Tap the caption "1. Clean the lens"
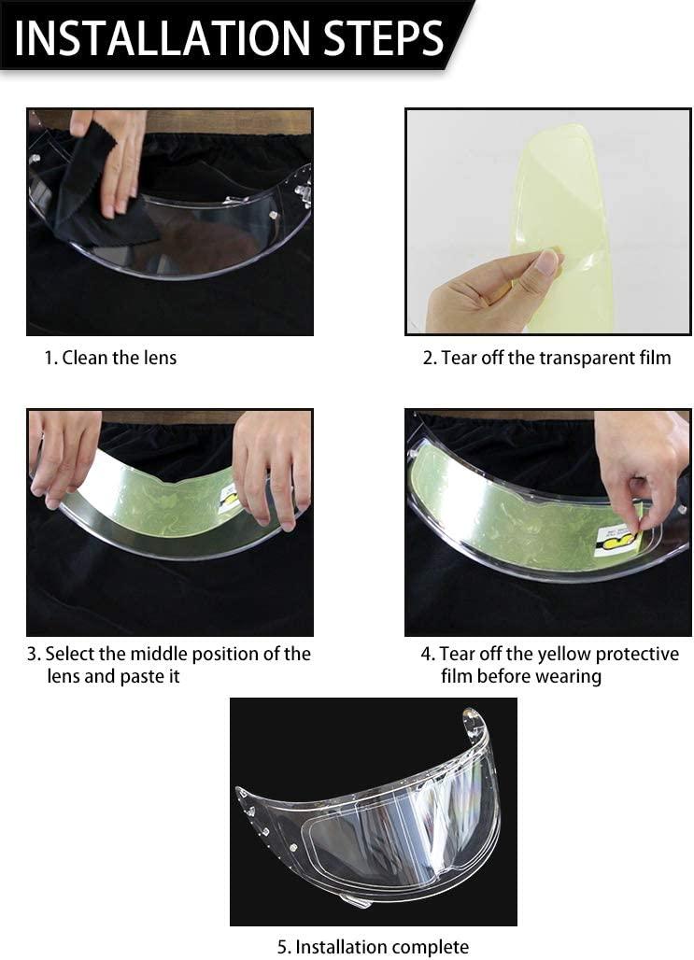pyautogui.click(x=110, y=358)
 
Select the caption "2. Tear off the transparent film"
pyautogui.click(x=546, y=358)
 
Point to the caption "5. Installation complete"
pyautogui.click(x=373, y=947)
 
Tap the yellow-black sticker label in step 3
pyautogui.click(x=228, y=499)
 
